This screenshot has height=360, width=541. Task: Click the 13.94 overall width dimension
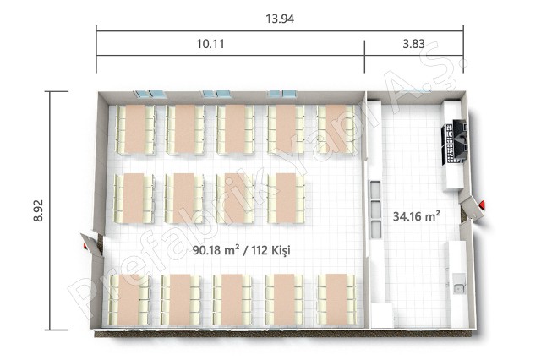pyautogui.click(x=280, y=19)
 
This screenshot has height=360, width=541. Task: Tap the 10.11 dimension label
pyautogui.click(x=210, y=44)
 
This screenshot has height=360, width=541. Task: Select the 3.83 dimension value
pyautogui.click(x=413, y=44)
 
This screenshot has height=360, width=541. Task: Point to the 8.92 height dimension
pyautogui.click(x=38, y=210)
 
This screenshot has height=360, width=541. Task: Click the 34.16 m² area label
pyautogui.click(x=416, y=216)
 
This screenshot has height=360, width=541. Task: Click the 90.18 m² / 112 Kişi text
pyautogui.click(x=241, y=250)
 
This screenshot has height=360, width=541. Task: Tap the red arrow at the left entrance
pyautogui.click(x=84, y=246)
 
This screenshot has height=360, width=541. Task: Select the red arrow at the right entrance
pyautogui.click(x=483, y=205)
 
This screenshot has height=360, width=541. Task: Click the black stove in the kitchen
pyautogui.click(x=455, y=141)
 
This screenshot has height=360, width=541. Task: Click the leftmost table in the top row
pyautogui.click(x=135, y=129)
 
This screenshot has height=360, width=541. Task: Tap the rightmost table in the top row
pyautogui.click(x=336, y=129)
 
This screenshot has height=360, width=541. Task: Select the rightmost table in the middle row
pyautogui.click(x=286, y=198)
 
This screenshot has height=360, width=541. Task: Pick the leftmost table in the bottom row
pyautogui.click(x=129, y=299)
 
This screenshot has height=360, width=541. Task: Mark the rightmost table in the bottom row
pyautogui.click(x=336, y=299)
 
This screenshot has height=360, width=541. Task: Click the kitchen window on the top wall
pyautogui.click(x=418, y=91)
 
